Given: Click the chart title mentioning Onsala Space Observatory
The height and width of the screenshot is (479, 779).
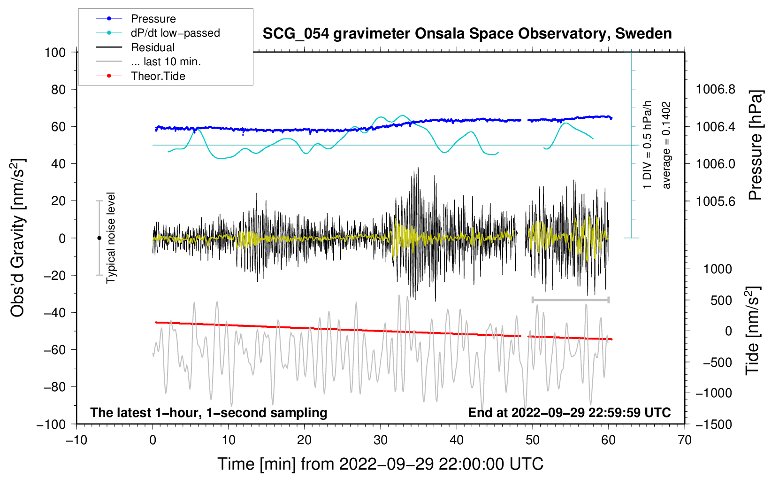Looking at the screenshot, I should [467, 34].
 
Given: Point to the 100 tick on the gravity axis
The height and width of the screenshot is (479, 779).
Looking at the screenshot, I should [55, 52].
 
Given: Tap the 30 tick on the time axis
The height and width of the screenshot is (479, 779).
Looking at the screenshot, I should [381, 440].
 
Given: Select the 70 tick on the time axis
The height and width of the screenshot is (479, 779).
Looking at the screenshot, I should [685, 440].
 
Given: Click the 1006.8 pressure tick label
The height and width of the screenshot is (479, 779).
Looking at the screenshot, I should [715, 89].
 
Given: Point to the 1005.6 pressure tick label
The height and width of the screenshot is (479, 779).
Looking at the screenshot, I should [715, 201].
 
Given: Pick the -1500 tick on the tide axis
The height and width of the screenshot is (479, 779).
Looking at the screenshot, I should [713, 424].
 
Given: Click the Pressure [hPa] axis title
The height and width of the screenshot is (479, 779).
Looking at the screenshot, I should [756, 145].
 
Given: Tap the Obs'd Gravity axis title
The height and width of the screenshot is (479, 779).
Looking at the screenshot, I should [17, 238].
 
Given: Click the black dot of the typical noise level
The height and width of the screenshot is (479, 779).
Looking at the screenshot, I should [99, 238].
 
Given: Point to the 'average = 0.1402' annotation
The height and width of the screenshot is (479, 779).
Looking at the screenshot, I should [666, 145].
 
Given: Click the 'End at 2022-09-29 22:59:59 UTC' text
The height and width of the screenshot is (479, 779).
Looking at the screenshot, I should [569, 412].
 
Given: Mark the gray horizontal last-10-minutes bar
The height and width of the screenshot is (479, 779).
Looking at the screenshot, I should [570, 300].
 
